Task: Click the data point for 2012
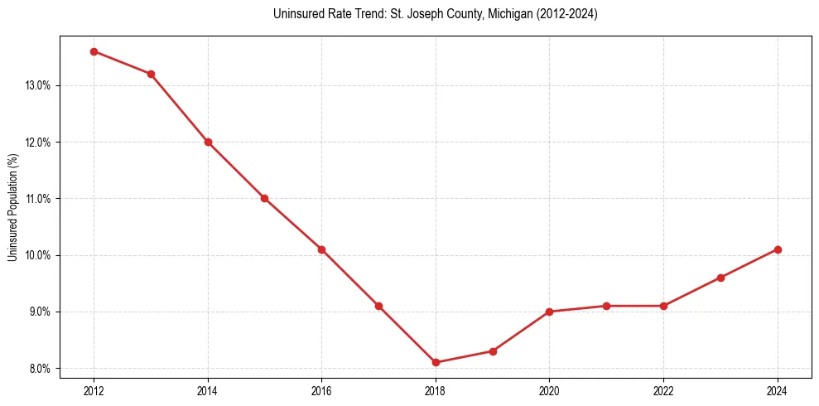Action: tap(94, 51)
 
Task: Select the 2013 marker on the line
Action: tap(151, 74)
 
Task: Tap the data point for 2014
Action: tap(208, 142)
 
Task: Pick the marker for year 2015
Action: tap(264, 198)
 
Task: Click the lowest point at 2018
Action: tap(436, 362)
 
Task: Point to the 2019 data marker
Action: tap(493, 351)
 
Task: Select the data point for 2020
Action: tap(550, 312)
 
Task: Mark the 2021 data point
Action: tap(606, 306)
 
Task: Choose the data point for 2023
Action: tap(720, 278)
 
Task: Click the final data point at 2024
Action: tap(778, 249)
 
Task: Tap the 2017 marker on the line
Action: tap(378, 306)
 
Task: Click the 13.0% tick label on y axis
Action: tap(39, 85)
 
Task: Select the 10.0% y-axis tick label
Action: tap(39, 255)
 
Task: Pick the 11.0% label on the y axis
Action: tap(39, 199)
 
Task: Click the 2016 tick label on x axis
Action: tap(321, 390)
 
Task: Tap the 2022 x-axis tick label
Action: tap(663, 390)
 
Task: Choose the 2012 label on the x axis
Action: tap(94, 390)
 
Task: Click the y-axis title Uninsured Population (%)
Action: tap(12, 206)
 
